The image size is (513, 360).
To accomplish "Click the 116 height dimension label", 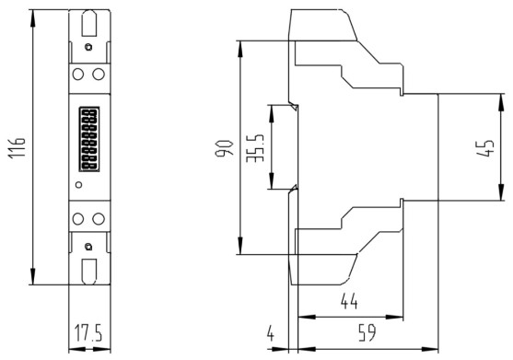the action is [x=17, y=147].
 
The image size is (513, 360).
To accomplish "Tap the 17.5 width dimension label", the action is [x=88, y=332].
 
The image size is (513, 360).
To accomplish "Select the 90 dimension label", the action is [x=225, y=148].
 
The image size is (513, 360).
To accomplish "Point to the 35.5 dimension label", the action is [x=255, y=148].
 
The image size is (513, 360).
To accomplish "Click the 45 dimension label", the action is [x=485, y=148].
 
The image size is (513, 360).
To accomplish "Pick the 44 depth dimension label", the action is [x=349, y=301].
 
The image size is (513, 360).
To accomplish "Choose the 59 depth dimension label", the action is [x=367, y=333].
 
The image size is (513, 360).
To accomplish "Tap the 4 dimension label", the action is [x=270, y=333].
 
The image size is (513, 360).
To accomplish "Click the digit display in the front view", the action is [x=89, y=139].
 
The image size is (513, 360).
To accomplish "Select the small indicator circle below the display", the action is [x=78, y=185].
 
